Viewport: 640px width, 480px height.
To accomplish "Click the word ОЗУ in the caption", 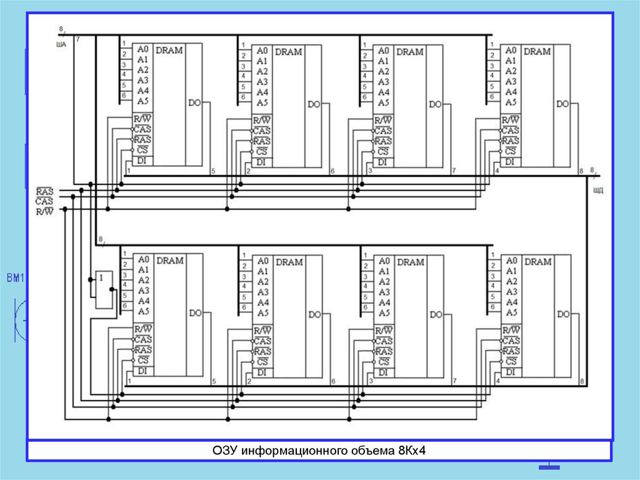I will (225, 451).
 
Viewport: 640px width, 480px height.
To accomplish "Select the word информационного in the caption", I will (289, 451).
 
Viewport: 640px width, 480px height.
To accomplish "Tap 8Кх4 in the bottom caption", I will (409, 451).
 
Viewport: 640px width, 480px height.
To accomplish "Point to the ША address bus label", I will (61, 44).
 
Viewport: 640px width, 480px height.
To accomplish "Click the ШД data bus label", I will (597, 190).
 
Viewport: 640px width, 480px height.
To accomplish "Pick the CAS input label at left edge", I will (44, 202).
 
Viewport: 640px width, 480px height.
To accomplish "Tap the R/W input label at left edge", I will (44, 212).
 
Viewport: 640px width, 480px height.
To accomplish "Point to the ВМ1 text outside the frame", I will (14, 278).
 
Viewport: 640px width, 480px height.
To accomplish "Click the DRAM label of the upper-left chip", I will (169, 50).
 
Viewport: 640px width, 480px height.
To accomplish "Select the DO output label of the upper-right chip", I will (562, 104).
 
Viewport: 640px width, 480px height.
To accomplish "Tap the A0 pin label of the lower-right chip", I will (511, 260).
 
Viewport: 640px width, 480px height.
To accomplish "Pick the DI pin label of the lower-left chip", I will (142, 371).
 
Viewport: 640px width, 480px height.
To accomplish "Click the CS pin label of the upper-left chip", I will (142, 151).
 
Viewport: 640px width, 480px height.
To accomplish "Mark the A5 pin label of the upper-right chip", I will (511, 102).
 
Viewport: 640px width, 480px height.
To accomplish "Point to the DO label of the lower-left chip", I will (195, 314).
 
